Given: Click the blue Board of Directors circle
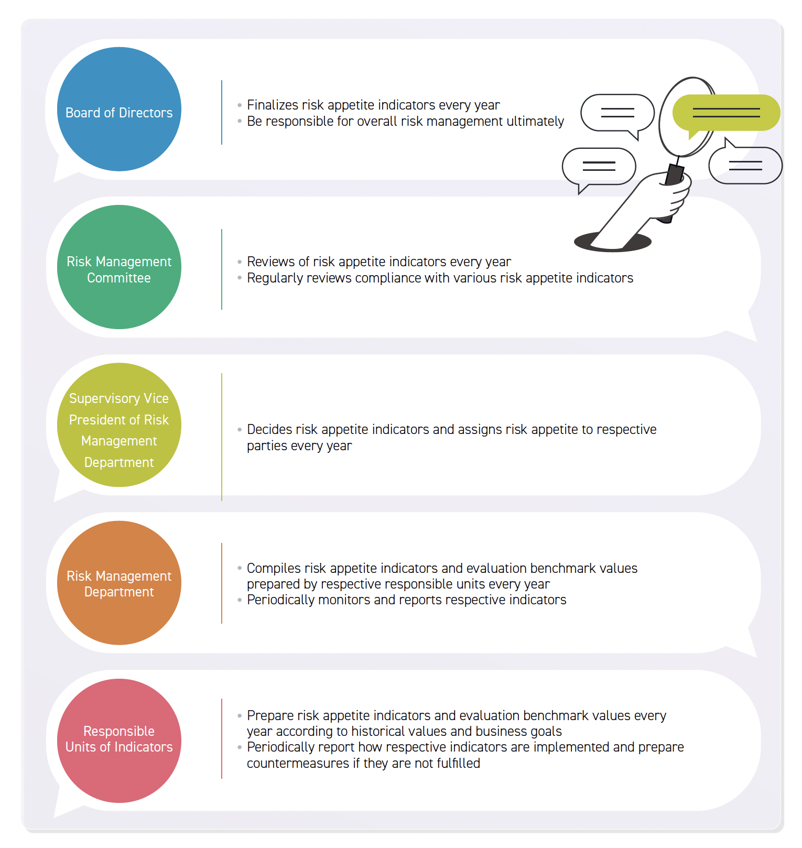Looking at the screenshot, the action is point(119,109).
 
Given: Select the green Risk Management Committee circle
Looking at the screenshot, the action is point(119,267).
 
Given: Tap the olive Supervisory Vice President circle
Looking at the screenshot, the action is point(119,425).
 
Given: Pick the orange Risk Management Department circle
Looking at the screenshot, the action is point(119,583).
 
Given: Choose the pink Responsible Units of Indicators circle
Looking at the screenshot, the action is point(119,741).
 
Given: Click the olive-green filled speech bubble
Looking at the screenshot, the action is point(726,113).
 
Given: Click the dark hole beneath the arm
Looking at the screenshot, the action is point(613,242).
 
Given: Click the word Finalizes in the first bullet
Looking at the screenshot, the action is point(273,105).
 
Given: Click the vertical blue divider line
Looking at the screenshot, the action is point(222,112).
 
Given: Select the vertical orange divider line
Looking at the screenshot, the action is point(222,583).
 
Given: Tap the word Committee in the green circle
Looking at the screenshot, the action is point(119,278).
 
